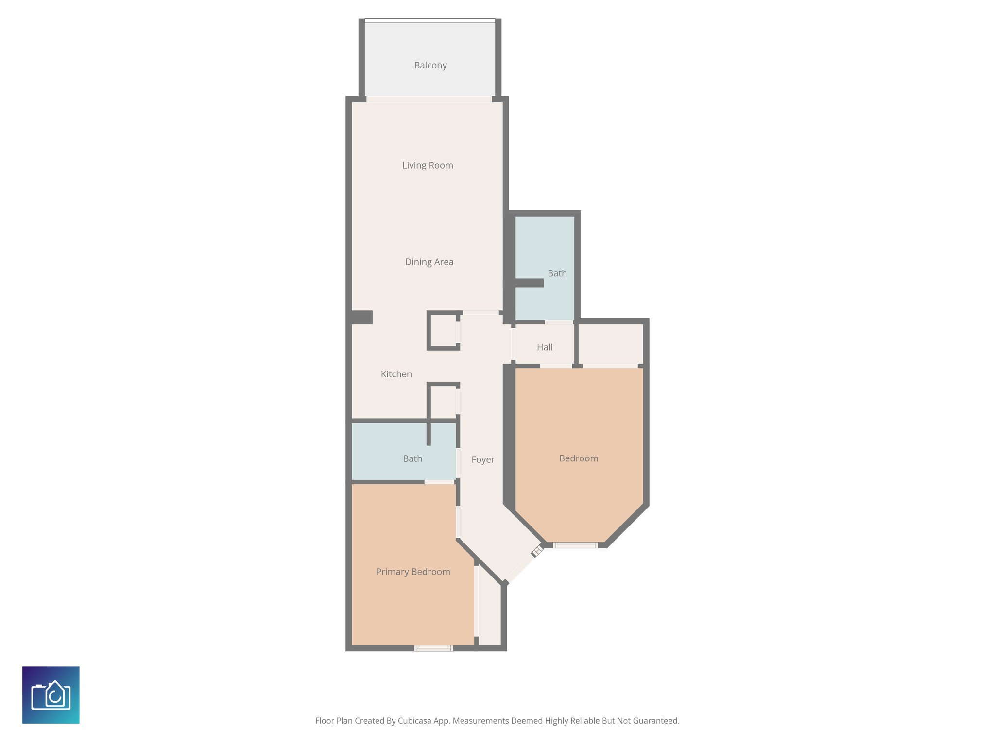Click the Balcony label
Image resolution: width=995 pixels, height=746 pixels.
tap(430, 65)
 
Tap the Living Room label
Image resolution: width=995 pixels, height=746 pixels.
tap(428, 165)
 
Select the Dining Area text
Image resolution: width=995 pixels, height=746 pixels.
tap(429, 262)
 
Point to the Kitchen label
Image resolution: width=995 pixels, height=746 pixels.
tap(396, 374)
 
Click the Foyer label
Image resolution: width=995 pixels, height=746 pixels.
tap(482, 459)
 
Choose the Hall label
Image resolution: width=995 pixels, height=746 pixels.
tap(545, 347)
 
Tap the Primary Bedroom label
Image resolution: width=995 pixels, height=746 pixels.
tap(413, 572)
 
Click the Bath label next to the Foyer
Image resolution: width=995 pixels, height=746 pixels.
tap(412, 458)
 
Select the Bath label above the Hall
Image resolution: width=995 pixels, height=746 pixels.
tap(557, 273)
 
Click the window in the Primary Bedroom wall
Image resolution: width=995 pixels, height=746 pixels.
tap(433, 648)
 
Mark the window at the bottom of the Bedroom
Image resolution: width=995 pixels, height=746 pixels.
tap(575, 545)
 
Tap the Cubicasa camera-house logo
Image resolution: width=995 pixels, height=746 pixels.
tap(51, 695)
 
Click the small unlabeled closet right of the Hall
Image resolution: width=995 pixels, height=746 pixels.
tap(610, 344)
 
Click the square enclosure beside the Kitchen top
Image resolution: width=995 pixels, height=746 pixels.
tap(443, 331)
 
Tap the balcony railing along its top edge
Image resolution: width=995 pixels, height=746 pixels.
tap(430, 21)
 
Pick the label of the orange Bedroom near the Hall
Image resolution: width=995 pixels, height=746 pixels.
tap(578, 458)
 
